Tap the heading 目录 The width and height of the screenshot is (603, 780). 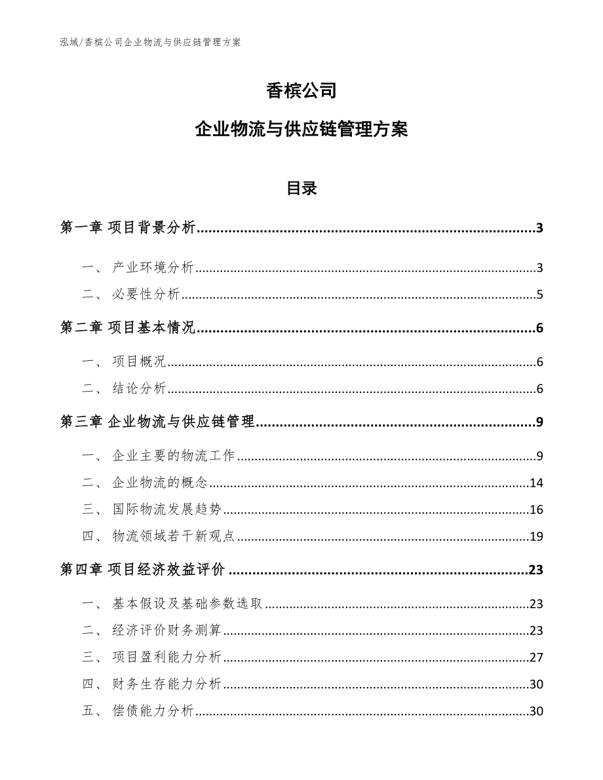point(301,189)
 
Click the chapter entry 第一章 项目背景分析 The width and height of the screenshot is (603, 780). point(128,228)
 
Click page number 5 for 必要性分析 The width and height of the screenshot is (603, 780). point(539,294)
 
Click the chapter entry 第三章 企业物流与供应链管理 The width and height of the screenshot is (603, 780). point(157,422)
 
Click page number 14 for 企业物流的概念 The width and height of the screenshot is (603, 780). point(536,483)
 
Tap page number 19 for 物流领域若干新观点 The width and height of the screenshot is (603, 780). point(536,537)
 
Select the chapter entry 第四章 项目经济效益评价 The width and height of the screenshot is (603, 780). point(142,570)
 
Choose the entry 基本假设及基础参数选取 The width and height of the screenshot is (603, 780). point(187,604)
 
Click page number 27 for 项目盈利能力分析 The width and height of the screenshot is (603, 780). point(536,658)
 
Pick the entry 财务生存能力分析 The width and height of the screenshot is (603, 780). point(166,684)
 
